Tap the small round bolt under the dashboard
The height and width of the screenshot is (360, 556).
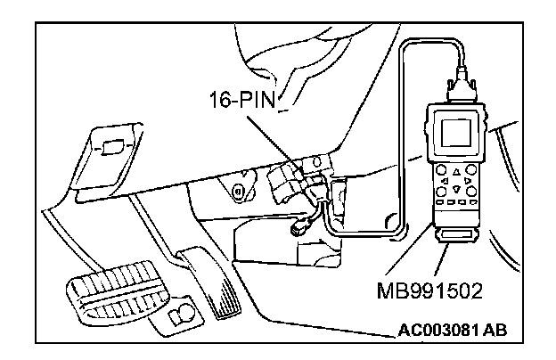coord(236,191)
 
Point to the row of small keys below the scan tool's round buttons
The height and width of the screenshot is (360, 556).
coord(457,203)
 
